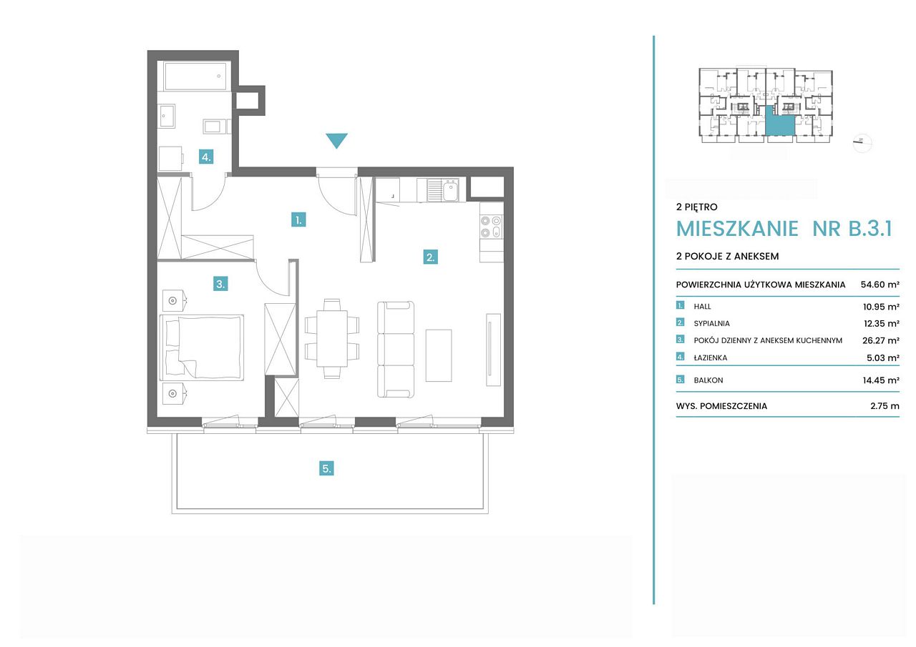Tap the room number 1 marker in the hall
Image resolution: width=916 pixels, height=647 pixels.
[298, 219]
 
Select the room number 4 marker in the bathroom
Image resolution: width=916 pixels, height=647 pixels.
[206, 157]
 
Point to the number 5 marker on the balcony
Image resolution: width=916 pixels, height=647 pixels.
[326, 468]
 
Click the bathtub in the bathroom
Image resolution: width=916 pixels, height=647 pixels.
[195, 76]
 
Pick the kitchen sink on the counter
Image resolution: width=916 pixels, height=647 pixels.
[442, 190]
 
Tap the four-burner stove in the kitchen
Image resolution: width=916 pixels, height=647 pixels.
[491, 227]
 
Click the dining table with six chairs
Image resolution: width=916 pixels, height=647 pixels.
[332, 339]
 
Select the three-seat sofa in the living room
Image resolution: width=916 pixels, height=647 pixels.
[396, 350]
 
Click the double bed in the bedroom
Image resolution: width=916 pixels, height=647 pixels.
[202, 347]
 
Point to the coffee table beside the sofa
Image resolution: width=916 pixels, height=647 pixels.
[439, 355]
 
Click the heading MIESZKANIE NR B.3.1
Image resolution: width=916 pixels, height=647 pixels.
[784, 228]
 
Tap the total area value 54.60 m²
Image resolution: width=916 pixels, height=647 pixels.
[880, 285]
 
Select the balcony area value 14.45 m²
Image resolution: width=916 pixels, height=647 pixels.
[881, 380]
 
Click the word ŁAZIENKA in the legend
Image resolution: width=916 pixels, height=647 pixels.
[711, 357]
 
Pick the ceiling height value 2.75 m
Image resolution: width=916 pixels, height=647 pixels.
[885, 406]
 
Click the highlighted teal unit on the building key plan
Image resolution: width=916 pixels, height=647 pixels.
[780, 122]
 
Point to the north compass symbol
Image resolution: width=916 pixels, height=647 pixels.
[862, 143]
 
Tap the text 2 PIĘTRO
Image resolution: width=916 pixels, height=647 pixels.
[696, 207]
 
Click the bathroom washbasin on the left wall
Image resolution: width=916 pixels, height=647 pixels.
[167, 116]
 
